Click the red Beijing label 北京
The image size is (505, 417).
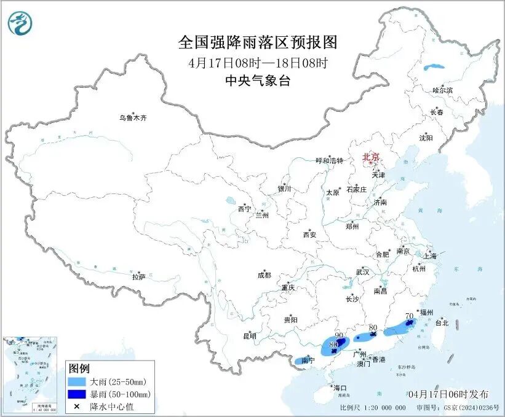(371, 157)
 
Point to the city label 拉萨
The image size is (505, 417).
(138, 277)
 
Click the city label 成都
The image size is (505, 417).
(264, 276)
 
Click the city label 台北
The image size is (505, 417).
(442, 322)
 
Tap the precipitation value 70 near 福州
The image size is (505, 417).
(409, 316)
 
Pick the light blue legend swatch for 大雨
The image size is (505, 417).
(78, 382)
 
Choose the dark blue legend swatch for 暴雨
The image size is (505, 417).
(78, 394)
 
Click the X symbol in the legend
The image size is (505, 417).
(78, 407)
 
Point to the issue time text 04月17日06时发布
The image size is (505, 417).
(448, 394)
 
